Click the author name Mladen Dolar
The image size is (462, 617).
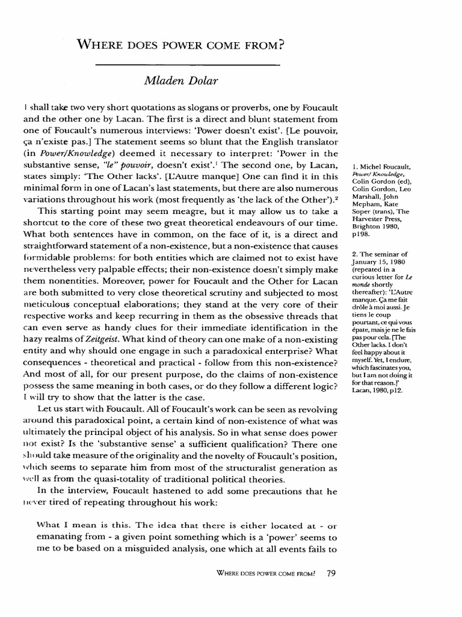pos(188,80)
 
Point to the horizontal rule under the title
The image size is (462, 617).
pos(188,63)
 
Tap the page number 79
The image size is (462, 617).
pos(330,573)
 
